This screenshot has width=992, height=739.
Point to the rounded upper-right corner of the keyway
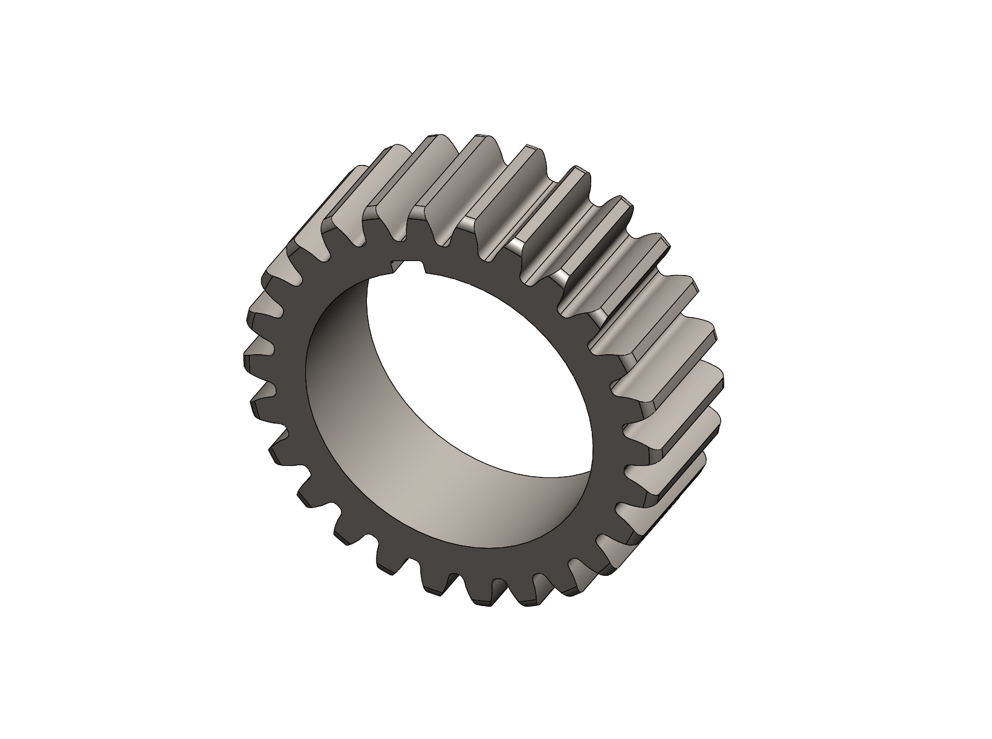tap(423, 264)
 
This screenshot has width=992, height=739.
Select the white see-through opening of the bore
tap(478, 363)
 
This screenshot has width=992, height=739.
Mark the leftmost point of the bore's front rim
tap(306, 387)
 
